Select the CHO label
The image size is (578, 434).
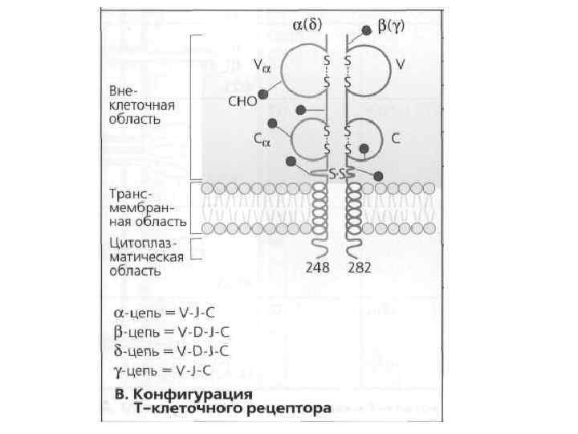[x=241, y=102]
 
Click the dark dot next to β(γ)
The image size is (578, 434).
[x=366, y=30]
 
